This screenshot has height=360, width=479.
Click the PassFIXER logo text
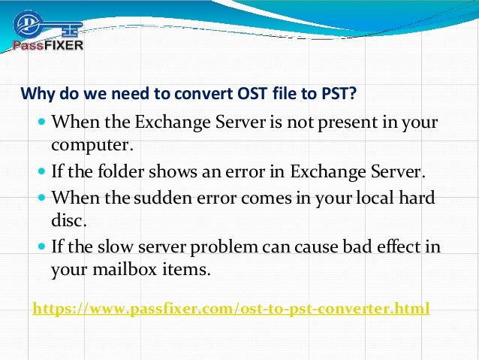[48, 45]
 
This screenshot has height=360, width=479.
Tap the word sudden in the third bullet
[173, 197]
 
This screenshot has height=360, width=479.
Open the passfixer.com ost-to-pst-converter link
[231, 308]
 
